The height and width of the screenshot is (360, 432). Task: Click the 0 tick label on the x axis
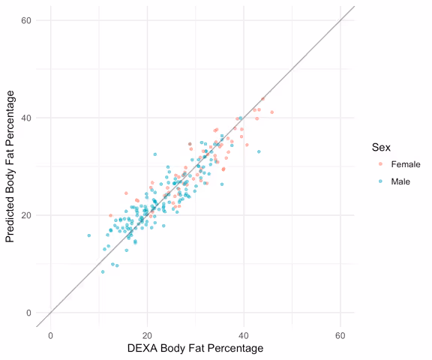tap(50, 336)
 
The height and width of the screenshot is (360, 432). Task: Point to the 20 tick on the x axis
tap(147, 336)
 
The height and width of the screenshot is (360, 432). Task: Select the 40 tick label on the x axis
tap(244, 336)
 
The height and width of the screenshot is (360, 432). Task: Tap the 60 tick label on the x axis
tap(340, 336)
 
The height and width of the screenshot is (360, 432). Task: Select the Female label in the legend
tap(406, 164)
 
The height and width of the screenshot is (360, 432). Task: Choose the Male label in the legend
tap(401, 181)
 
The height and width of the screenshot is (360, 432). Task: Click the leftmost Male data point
tap(88, 235)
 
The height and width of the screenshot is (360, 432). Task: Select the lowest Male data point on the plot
tap(103, 271)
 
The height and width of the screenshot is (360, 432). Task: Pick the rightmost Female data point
tap(271, 112)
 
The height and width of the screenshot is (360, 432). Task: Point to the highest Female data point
tap(262, 98)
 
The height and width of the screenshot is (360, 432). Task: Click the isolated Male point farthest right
tap(259, 151)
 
